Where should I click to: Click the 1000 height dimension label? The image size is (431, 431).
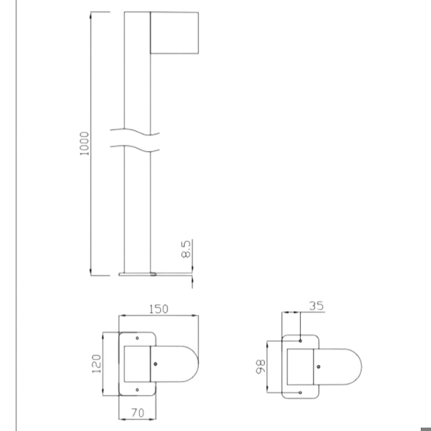pyautogui.click(x=85, y=143)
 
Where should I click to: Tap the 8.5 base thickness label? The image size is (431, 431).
pyautogui.click(x=186, y=249)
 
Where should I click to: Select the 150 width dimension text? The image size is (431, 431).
pyautogui.click(x=158, y=310)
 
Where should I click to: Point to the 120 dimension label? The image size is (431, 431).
pyautogui.click(x=96, y=364)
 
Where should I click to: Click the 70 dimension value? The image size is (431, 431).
pyautogui.click(x=138, y=412)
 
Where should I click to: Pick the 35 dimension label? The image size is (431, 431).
pyautogui.click(x=317, y=306)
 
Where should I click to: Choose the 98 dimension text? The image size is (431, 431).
pyautogui.click(x=261, y=367)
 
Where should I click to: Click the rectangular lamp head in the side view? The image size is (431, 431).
pyautogui.click(x=174, y=33)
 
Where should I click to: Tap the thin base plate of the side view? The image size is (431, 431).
pyautogui.click(x=137, y=274)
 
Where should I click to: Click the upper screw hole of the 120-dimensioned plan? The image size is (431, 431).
pyautogui.click(x=137, y=338)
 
